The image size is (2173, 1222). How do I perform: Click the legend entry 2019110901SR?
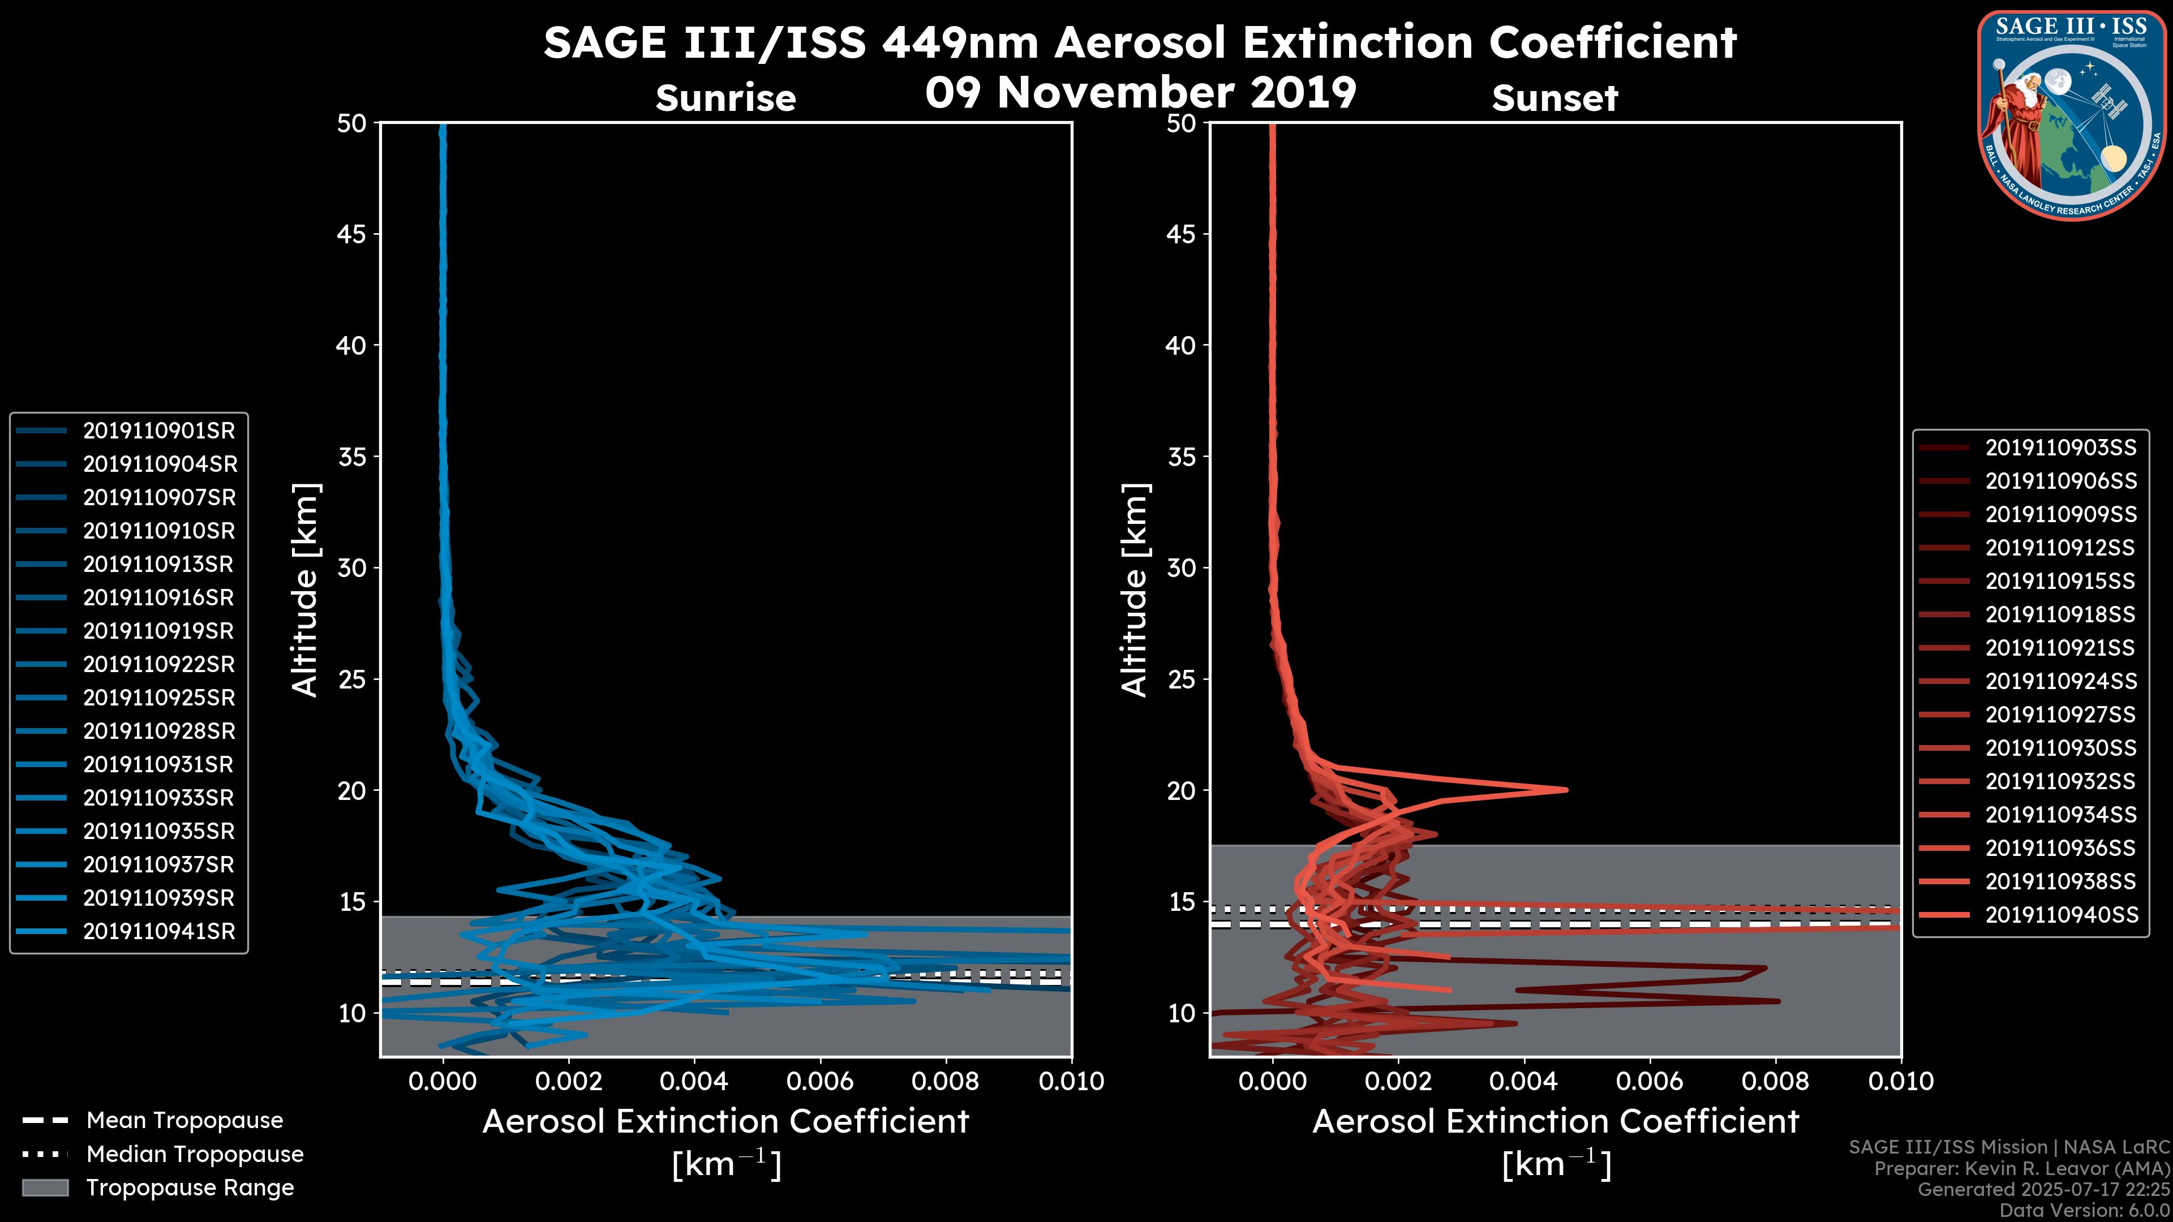pyautogui.click(x=158, y=431)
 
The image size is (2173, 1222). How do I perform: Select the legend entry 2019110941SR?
pyautogui.click(x=158, y=932)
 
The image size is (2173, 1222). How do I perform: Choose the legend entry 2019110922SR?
pyautogui.click(x=158, y=665)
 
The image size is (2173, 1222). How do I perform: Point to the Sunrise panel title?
pyautogui.click(x=725, y=98)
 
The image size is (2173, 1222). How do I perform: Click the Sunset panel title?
pyautogui.click(x=1554, y=98)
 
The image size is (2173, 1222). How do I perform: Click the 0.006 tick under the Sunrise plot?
pyautogui.click(x=820, y=1081)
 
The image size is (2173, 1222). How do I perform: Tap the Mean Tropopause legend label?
pyautogui.click(x=184, y=1121)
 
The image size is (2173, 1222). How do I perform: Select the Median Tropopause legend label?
pyautogui.click(x=195, y=1155)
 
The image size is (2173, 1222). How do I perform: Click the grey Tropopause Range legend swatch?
pyautogui.click(x=45, y=1188)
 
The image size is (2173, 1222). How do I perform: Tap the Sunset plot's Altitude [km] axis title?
pyautogui.click(x=1135, y=590)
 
